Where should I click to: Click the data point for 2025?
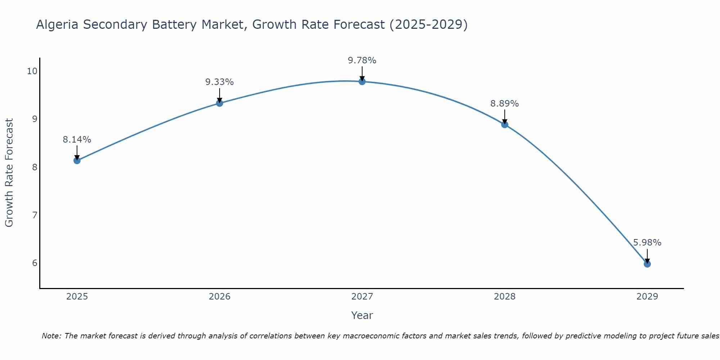point(77,160)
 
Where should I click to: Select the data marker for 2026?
point(220,103)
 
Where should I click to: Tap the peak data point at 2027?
point(362,82)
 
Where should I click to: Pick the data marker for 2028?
point(505,125)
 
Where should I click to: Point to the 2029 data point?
point(647,264)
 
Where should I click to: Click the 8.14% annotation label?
point(77,140)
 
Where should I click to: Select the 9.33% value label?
point(220,82)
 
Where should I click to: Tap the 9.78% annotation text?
point(362,60)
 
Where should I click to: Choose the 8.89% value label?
point(505,104)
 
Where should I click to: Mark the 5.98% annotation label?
point(647,243)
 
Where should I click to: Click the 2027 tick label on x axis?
point(362,297)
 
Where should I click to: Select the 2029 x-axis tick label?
point(647,297)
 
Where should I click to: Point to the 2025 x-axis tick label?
point(77,297)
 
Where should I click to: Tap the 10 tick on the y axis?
point(32,71)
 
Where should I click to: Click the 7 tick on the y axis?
point(35,215)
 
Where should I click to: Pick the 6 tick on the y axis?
point(35,263)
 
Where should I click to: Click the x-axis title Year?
point(362,315)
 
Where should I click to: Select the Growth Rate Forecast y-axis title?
point(9,173)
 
